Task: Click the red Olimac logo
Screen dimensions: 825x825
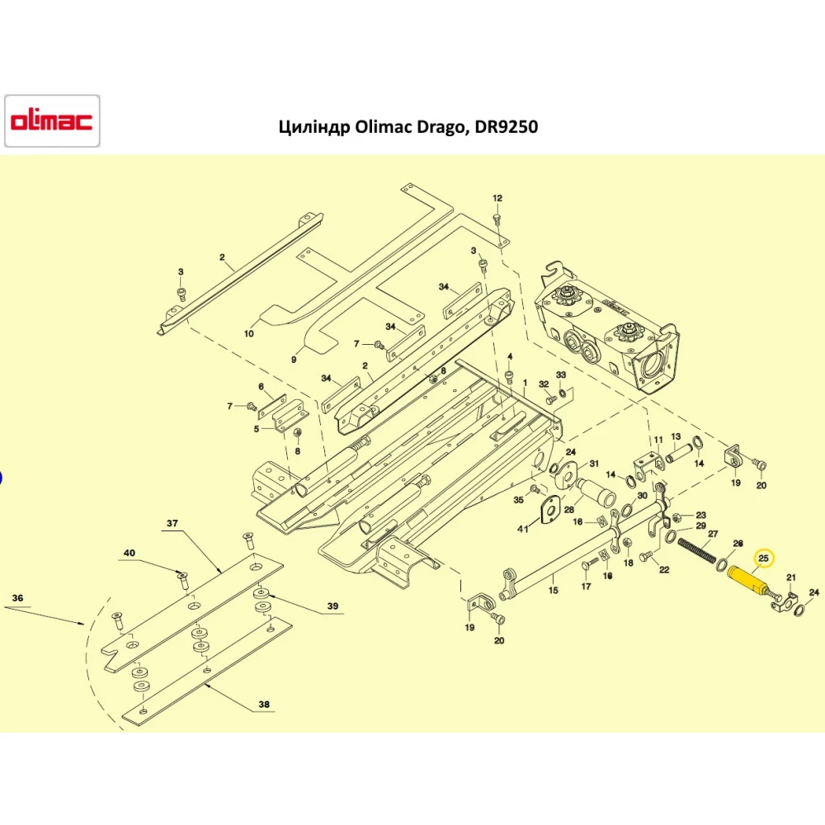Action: click(51, 120)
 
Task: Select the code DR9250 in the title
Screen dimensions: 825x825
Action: click(507, 127)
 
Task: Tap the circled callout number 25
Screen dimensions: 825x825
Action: click(763, 559)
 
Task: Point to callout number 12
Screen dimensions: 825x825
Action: click(497, 198)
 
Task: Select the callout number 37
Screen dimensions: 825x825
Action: click(172, 523)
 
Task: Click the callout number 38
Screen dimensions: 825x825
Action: click(264, 704)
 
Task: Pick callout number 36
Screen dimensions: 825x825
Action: click(17, 597)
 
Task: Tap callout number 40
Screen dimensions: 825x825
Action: click(129, 553)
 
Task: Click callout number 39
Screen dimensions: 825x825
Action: click(332, 606)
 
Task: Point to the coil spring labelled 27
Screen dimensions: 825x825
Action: click(696, 550)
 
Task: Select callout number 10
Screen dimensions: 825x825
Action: click(249, 333)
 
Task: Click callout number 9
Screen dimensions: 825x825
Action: click(294, 360)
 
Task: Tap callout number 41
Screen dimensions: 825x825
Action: click(522, 528)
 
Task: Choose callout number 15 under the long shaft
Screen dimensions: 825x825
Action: click(553, 591)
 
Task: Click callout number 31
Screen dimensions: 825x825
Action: click(594, 464)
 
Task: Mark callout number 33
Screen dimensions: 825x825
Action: click(561, 375)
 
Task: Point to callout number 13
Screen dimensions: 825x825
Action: click(676, 436)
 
